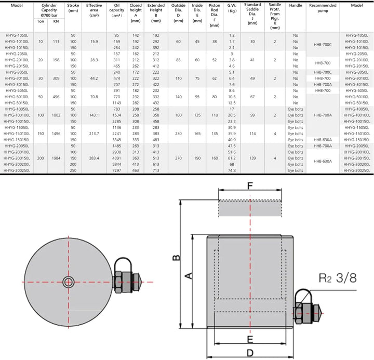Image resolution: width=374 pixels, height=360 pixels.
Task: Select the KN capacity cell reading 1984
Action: click(x=56, y=157)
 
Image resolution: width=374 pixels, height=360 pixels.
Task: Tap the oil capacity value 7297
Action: click(x=116, y=170)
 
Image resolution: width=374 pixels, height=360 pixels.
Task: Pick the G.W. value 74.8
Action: click(x=232, y=170)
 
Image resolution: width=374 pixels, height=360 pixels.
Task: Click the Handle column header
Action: click(x=296, y=5)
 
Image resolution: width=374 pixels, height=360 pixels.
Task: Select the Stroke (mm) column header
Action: click(x=73, y=8)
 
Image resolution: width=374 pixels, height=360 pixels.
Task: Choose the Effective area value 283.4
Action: click(x=94, y=157)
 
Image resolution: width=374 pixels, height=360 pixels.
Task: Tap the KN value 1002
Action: click(x=56, y=115)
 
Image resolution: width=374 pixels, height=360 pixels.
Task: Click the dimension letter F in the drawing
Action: click(x=250, y=185)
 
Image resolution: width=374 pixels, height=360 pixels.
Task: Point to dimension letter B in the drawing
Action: click(x=177, y=258)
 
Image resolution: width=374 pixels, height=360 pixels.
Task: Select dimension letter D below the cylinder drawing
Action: click(x=249, y=353)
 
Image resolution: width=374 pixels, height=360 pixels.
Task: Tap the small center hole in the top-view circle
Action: click(x=68, y=282)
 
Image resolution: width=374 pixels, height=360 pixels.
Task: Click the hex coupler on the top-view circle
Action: click(x=125, y=282)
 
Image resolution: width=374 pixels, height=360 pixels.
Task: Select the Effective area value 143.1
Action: click(x=94, y=115)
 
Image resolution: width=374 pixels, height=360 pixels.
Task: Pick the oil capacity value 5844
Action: click(x=116, y=164)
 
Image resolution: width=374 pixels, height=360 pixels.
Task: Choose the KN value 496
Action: click(x=56, y=96)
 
